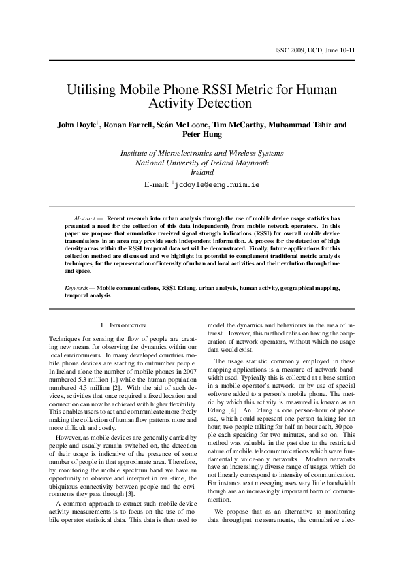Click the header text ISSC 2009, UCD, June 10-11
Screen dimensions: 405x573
point(318,51)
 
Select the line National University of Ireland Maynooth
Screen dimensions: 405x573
point(202,163)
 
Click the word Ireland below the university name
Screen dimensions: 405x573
point(202,173)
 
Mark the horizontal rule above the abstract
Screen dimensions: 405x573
point(202,206)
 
